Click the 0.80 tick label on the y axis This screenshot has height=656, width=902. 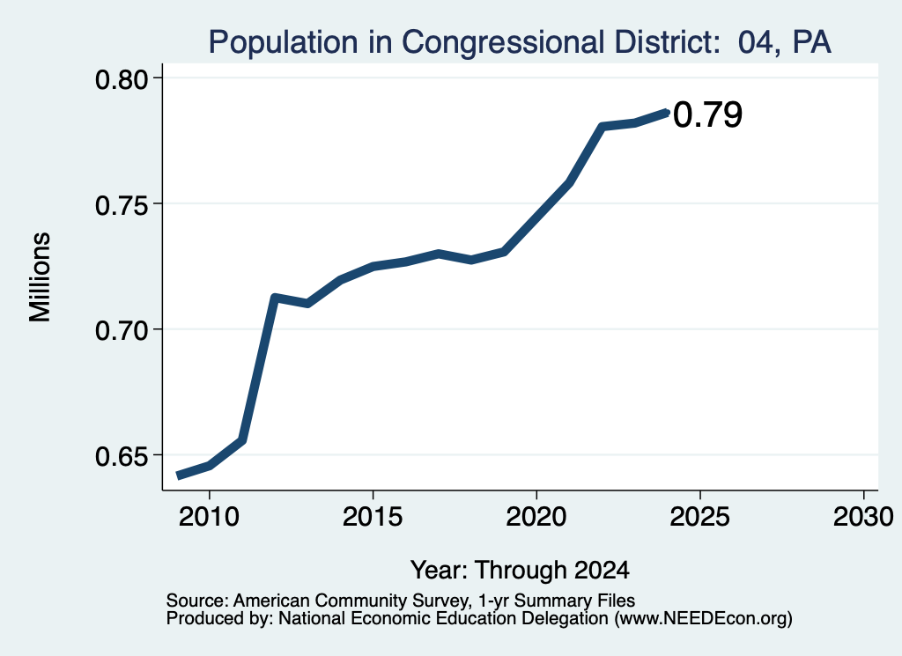tap(122, 79)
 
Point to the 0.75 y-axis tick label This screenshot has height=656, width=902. tap(122, 204)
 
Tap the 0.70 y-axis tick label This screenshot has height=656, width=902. tap(122, 330)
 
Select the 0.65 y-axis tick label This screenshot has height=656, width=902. tap(122, 456)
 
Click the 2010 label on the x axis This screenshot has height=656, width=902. tap(209, 516)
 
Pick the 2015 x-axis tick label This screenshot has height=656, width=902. tap(373, 516)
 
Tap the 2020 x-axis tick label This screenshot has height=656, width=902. tap(536, 516)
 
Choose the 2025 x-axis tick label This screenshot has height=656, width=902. tap(700, 516)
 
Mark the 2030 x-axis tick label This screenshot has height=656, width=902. tap(863, 516)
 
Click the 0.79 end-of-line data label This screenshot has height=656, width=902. tap(707, 114)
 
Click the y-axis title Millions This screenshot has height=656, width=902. tap(41, 276)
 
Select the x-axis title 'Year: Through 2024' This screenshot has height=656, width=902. tap(520, 571)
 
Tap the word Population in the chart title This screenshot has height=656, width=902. tap(283, 42)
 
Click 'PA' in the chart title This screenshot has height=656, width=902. tap(811, 41)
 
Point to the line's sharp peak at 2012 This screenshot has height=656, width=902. tap(274, 298)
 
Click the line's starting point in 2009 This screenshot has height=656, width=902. tap(179, 475)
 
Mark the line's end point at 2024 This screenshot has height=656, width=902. tap(667, 113)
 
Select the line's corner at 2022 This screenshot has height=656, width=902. tap(602, 126)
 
